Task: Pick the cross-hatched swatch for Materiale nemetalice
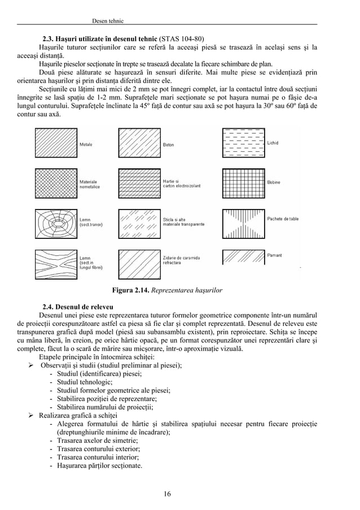coord(56,184)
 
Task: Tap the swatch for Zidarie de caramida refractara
coord(138,261)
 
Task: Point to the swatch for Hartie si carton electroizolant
coord(138,184)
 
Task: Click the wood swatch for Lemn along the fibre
coord(56,261)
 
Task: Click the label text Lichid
coord(273,143)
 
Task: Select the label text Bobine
coord(274,182)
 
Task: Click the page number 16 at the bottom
coord(167,494)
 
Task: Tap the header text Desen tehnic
coord(107,21)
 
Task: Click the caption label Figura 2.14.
coord(134,290)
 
